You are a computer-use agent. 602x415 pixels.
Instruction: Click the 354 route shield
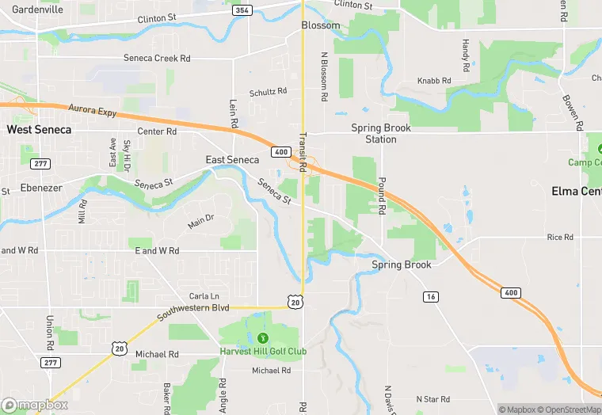tap(242, 10)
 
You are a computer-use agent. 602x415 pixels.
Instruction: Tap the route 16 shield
tap(430, 296)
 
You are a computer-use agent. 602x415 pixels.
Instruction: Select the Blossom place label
tap(321, 25)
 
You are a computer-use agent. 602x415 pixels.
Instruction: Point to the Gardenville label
tap(37, 10)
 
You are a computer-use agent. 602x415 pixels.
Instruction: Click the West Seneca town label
tap(39, 129)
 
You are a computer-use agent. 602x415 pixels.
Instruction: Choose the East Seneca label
tap(232, 160)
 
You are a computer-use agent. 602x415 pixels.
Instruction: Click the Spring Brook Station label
tap(380, 133)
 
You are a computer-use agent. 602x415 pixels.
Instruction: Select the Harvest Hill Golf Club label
tap(263, 352)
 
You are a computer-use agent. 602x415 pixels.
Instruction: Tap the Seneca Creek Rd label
tap(157, 58)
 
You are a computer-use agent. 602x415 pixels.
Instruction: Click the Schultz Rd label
tap(268, 92)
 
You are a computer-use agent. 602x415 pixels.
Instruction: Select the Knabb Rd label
tap(434, 81)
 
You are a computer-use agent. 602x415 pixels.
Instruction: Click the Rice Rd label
tap(560, 237)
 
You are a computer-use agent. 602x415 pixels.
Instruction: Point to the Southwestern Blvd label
tap(193, 312)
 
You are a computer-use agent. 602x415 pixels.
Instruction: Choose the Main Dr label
tap(200, 220)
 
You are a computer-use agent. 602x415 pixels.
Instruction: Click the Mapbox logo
tap(35, 405)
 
